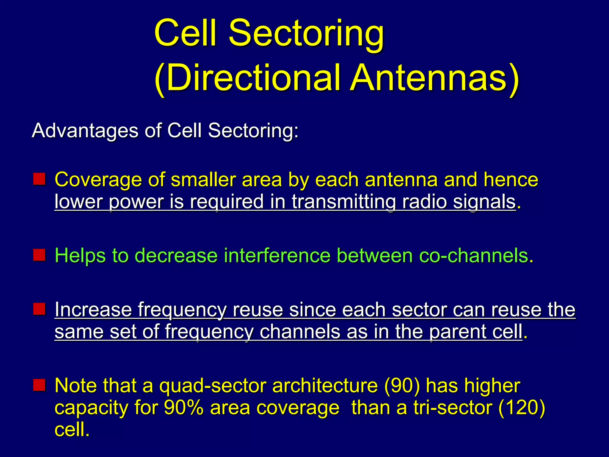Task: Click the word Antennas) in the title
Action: coord(434,78)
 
